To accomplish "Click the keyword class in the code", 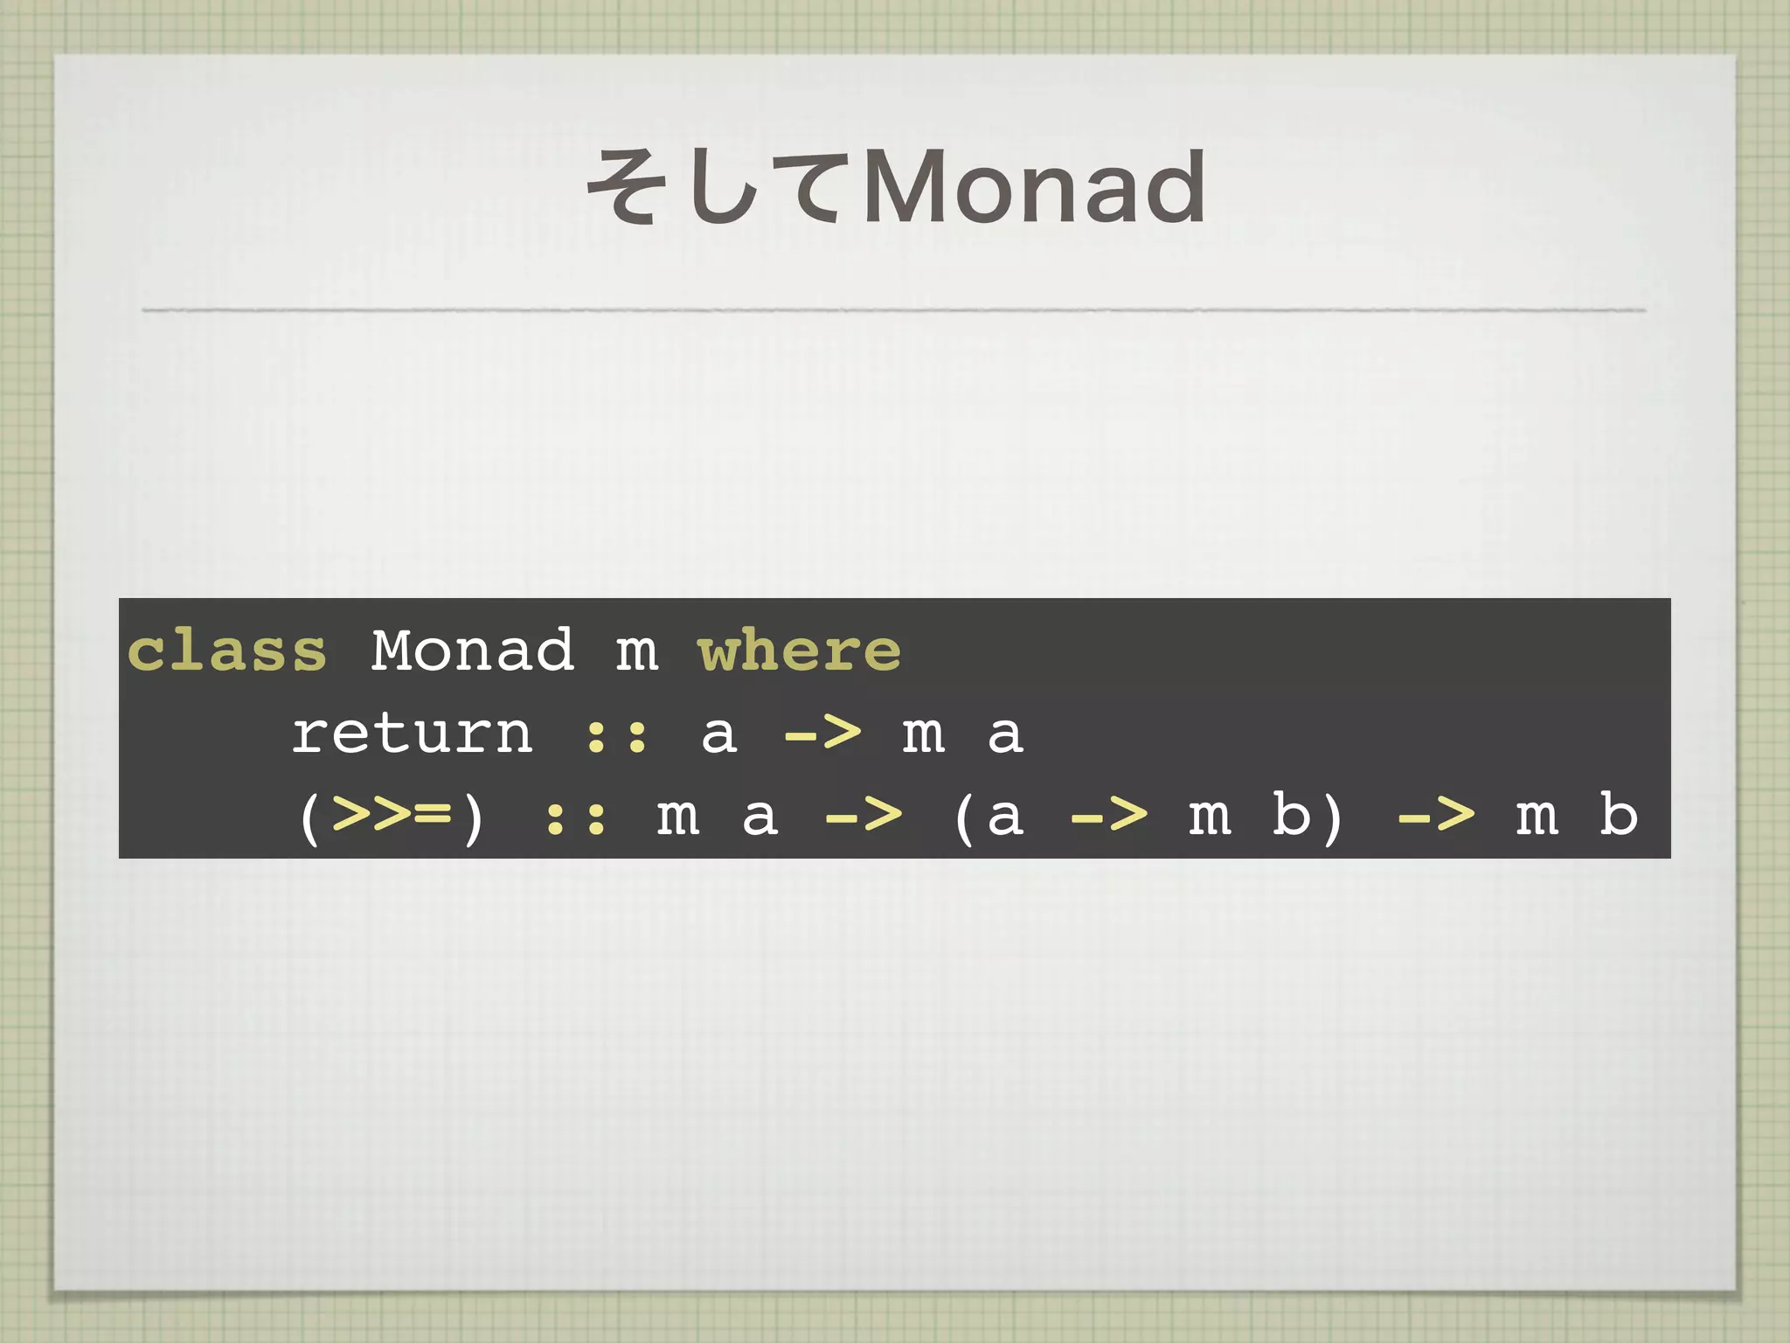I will pyautogui.click(x=227, y=651).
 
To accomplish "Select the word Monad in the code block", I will pyautogui.click(x=473, y=651).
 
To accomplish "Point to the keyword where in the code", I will pyautogui.click(x=800, y=651).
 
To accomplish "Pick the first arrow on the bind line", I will pyautogui.click(x=864, y=815).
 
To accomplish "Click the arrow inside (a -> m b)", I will pyautogui.click(x=1109, y=815).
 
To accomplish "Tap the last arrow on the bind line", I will pyautogui.click(x=1436, y=815).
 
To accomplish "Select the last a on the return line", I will pyautogui.click(x=1005, y=734).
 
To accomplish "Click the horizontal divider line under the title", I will pyautogui.click(x=893, y=310).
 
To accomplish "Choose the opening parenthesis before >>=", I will pyautogui.click(x=309, y=818).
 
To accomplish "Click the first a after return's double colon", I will pyautogui.click(x=718, y=734).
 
